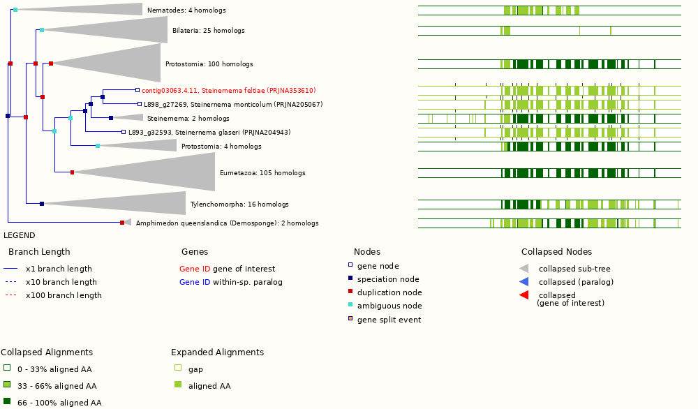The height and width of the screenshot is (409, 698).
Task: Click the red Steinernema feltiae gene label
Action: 228,91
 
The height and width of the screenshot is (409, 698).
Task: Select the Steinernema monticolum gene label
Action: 233,105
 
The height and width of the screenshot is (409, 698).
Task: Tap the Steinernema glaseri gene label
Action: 209,133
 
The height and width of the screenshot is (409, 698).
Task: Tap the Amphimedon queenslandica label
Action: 227,223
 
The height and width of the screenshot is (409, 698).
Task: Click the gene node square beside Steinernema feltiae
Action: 138,90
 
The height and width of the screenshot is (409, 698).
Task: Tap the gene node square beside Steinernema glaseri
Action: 124,132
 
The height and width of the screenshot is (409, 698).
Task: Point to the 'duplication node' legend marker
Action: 350,292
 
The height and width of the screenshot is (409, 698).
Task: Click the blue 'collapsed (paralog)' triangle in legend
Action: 524,282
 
